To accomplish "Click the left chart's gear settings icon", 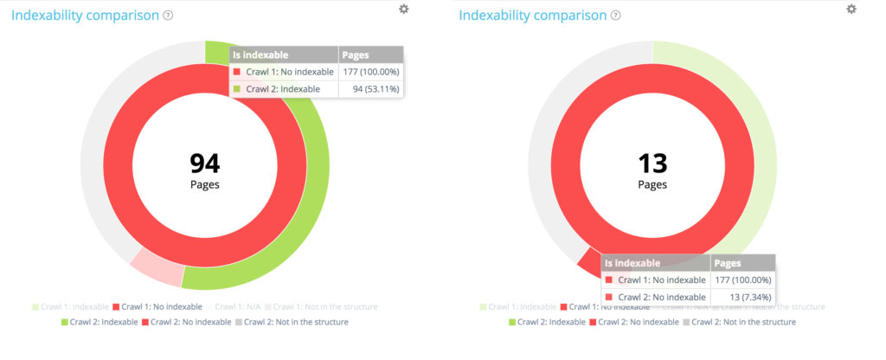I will click(x=404, y=9).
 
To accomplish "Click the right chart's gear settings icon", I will click(x=851, y=9).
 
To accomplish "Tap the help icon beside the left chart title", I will click(x=168, y=16).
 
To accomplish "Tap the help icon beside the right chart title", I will click(x=615, y=16).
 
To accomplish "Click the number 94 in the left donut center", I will click(x=205, y=163).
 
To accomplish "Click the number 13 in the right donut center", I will click(x=652, y=163).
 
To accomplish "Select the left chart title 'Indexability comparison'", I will click(x=85, y=16).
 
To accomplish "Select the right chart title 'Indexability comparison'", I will click(x=532, y=16).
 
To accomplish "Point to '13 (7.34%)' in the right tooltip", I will click(x=748, y=297).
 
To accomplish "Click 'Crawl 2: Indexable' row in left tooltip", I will click(x=282, y=88).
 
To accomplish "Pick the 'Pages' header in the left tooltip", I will click(x=356, y=55).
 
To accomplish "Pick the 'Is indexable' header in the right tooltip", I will click(x=632, y=263).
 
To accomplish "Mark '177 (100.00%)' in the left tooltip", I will click(x=370, y=71).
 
